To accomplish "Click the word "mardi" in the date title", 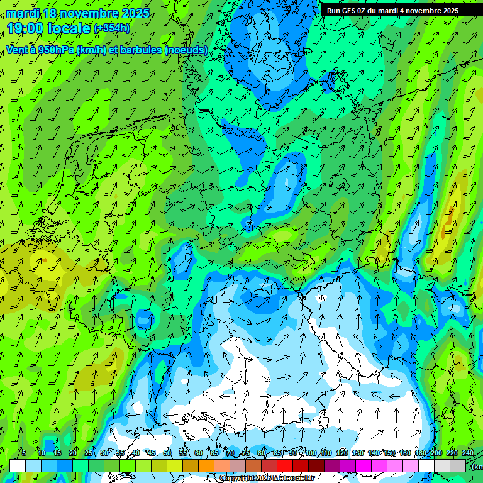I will click(x=21, y=13).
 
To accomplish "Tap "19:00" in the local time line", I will click(x=23, y=28).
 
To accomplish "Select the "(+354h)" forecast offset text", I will click(x=111, y=28).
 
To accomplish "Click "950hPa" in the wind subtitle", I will click(x=54, y=50).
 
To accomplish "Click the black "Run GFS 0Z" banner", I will click(x=392, y=11).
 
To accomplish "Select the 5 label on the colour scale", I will click(x=24, y=453).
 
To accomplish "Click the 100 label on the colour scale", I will click(x=310, y=453).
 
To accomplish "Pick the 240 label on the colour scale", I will click(x=467, y=453).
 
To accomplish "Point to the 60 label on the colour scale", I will click(x=199, y=453).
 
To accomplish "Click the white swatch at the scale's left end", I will click(x=17, y=466).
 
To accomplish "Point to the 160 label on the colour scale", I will click(x=405, y=453).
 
